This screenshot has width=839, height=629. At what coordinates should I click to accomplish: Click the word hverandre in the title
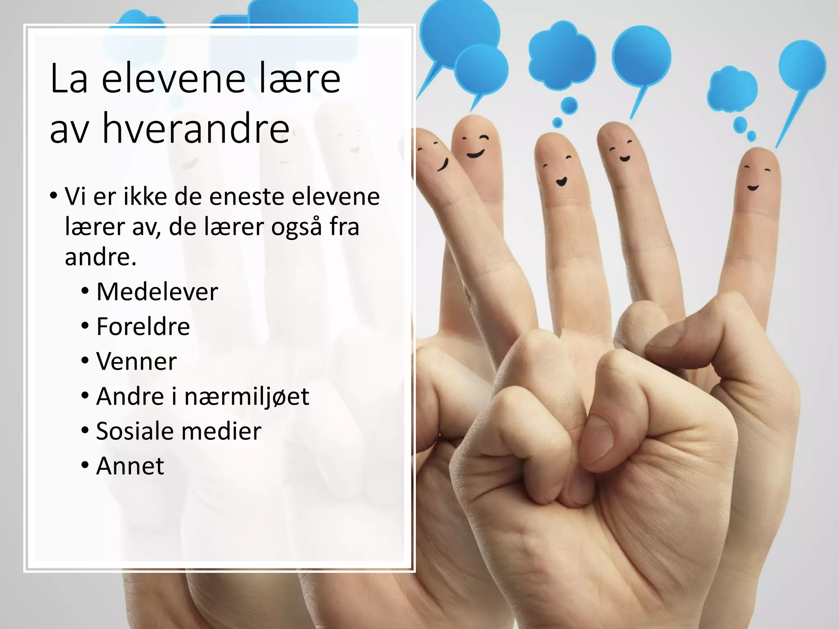click(x=196, y=128)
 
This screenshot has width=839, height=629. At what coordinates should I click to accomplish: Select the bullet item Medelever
click(x=157, y=292)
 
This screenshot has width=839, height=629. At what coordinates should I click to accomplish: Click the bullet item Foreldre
click(x=143, y=326)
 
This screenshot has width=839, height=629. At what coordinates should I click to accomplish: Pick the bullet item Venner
click(x=136, y=361)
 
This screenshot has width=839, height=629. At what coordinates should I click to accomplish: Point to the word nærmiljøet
click(x=247, y=396)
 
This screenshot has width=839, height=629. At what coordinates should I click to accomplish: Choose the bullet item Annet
click(x=130, y=466)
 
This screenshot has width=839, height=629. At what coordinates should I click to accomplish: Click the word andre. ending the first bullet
click(x=100, y=257)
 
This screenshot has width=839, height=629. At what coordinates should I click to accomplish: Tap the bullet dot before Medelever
click(x=85, y=291)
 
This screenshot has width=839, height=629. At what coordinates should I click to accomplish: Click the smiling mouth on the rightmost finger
click(x=753, y=188)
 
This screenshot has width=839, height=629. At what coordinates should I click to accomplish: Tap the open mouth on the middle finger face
click(x=561, y=181)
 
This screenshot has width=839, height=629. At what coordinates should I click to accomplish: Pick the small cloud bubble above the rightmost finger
click(x=732, y=89)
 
